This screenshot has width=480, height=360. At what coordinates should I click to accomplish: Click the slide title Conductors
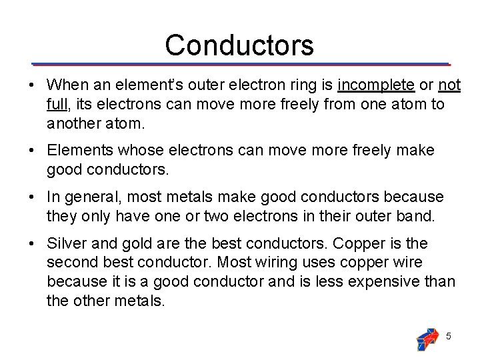click(239, 45)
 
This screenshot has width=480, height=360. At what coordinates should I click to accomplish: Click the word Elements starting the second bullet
click(79, 151)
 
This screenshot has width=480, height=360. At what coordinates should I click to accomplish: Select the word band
click(417, 216)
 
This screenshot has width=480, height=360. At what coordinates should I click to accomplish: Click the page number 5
click(448, 337)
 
